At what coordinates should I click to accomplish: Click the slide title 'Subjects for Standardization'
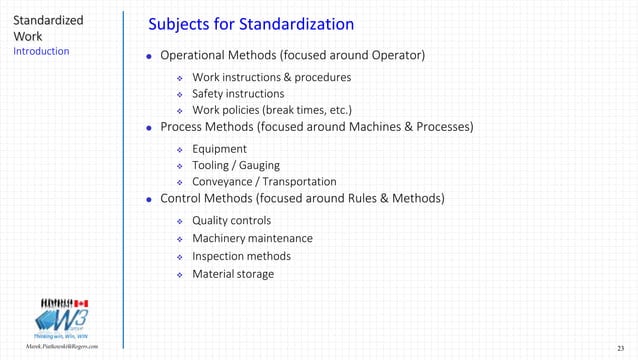(x=250, y=23)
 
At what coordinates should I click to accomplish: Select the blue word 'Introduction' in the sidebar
(x=41, y=51)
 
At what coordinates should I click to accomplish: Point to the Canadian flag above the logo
(x=81, y=302)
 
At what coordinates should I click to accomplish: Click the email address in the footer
(x=63, y=345)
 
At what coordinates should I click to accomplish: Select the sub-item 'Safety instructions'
(x=238, y=93)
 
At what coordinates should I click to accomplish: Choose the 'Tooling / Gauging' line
(x=236, y=165)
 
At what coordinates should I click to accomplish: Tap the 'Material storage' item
(x=232, y=274)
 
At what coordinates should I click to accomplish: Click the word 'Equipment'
(x=219, y=149)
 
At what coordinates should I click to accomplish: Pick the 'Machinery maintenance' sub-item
(x=252, y=238)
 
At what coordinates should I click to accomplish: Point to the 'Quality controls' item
(x=231, y=220)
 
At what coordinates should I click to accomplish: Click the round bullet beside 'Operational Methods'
(x=149, y=56)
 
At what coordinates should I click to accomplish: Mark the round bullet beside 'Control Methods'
(x=149, y=200)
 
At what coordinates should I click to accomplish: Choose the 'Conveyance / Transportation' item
(x=264, y=182)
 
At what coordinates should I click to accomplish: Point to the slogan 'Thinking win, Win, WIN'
(x=62, y=337)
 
